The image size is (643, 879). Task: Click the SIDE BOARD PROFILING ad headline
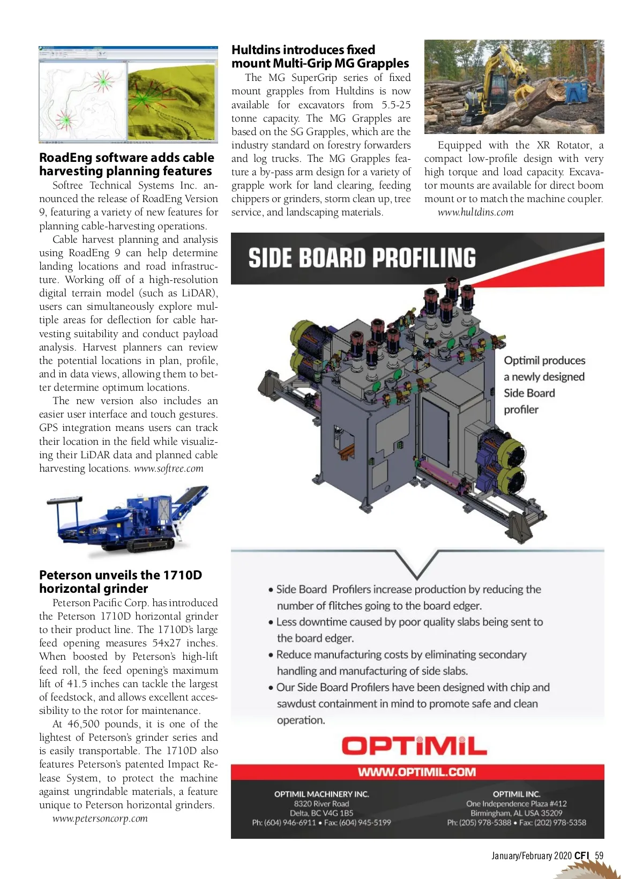tap(362, 258)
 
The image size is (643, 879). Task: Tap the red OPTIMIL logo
tap(414, 746)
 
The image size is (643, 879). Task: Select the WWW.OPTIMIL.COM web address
tap(417, 772)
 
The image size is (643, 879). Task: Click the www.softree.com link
tap(168, 468)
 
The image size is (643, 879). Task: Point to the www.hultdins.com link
tap(475, 212)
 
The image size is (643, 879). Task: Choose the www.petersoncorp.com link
tap(100, 818)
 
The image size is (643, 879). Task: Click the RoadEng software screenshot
tap(128, 95)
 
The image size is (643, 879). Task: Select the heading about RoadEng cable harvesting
tap(126, 165)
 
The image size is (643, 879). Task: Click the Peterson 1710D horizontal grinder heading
tap(121, 582)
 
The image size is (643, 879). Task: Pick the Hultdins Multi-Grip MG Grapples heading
tap(320, 56)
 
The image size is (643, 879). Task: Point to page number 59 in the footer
tap(599, 856)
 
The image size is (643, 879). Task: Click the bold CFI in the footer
tap(581, 856)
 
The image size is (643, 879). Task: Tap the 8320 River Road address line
tap(322, 803)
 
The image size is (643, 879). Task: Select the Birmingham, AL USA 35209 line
tap(517, 813)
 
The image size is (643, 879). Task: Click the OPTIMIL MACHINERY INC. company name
tap(322, 794)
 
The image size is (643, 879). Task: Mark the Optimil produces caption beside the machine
tap(544, 385)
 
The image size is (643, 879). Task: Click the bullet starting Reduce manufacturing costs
tap(401, 662)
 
